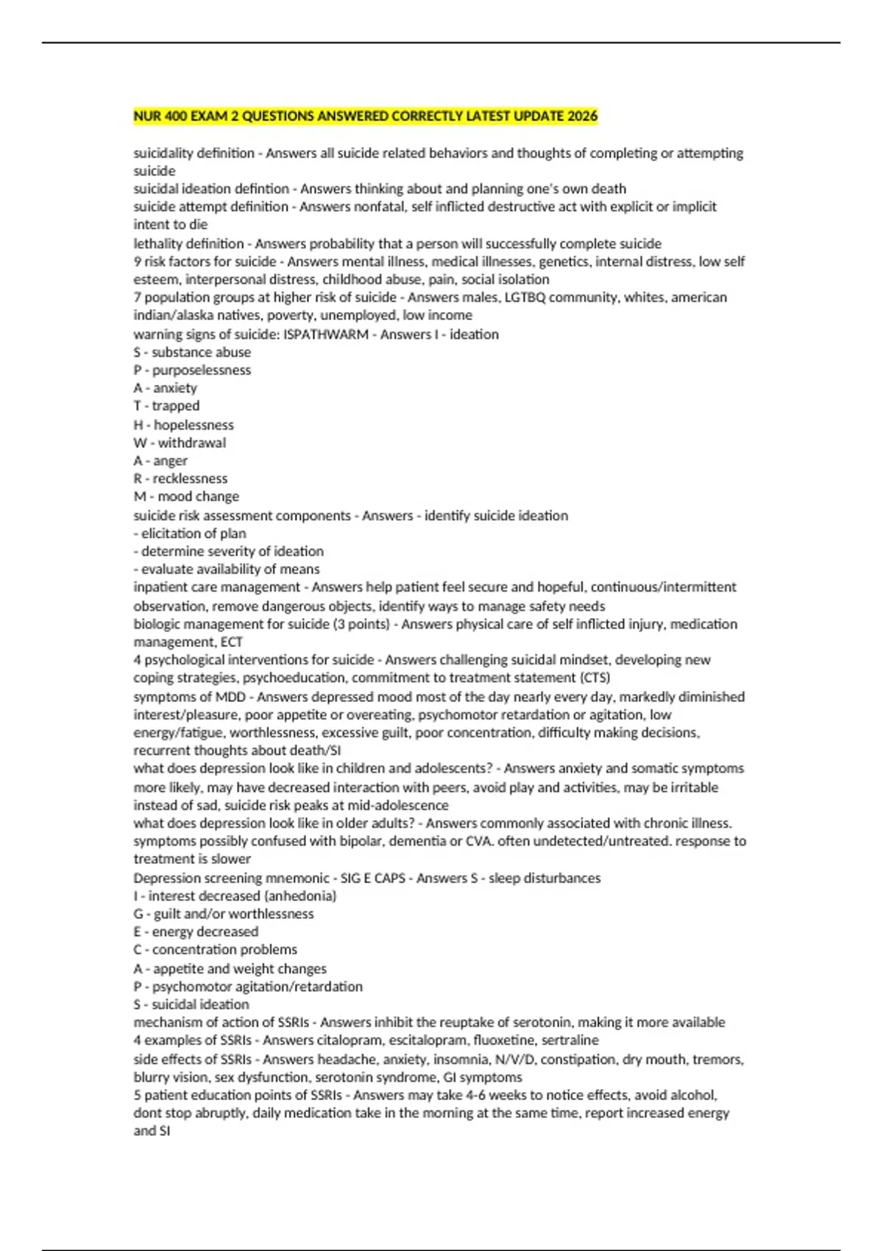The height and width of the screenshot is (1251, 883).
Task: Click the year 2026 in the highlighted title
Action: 582,116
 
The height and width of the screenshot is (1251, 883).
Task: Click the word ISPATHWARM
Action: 326,334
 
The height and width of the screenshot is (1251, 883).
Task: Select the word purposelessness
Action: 202,370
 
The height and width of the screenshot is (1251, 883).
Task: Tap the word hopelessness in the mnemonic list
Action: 194,425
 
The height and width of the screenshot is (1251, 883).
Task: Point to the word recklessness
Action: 190,478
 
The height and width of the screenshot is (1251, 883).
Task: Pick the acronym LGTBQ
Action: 525,297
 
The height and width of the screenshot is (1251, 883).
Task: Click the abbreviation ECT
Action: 231,642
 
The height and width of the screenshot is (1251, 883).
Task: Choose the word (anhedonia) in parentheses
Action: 300,896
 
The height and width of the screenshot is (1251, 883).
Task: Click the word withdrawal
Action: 192,443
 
